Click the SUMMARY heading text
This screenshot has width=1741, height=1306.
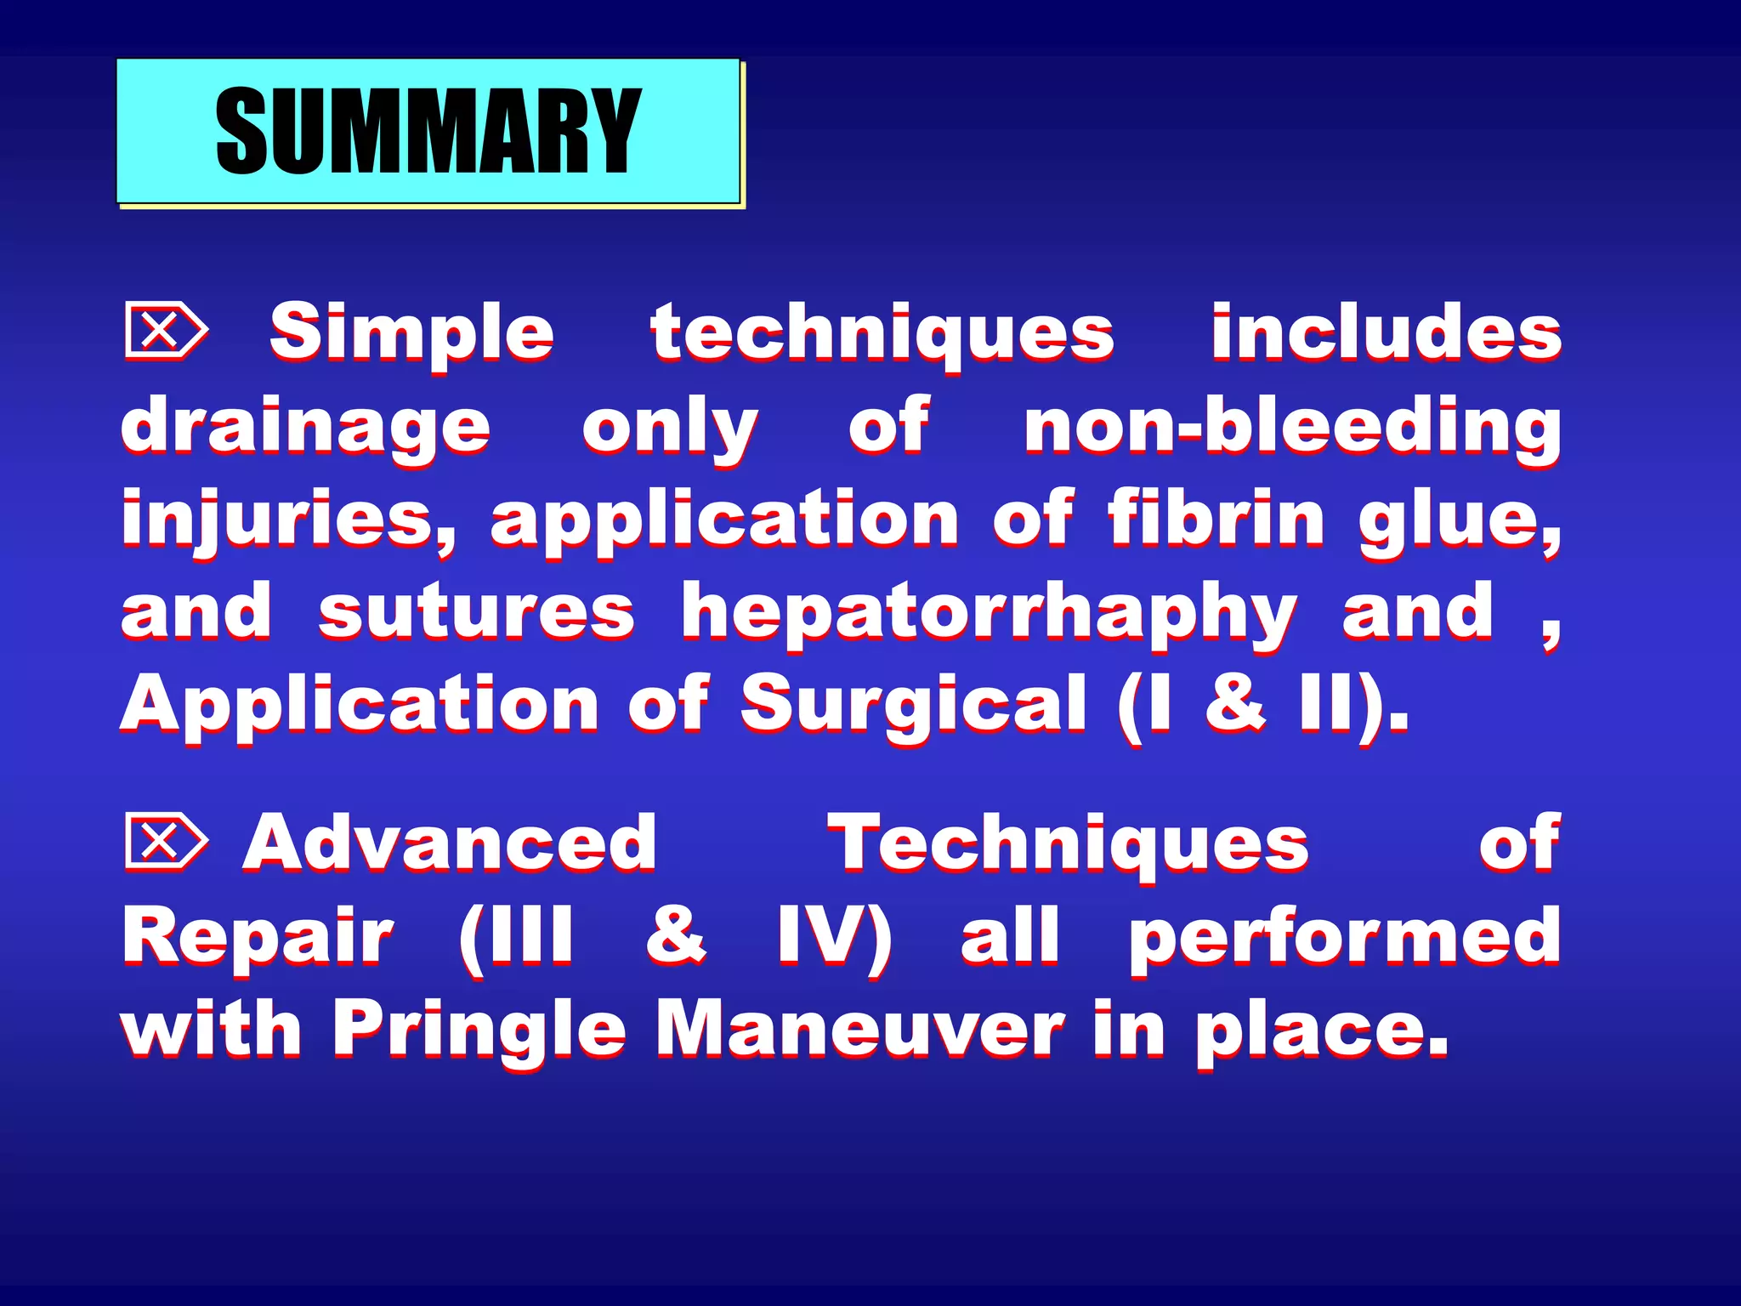click(x=428, y=132)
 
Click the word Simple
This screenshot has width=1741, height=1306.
click(x=412, y=333)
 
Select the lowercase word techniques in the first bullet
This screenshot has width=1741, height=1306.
click(x=882, y=333)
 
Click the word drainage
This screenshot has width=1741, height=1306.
click(x=305, y=428)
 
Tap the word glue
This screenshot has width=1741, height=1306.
click(x=1459, y=520)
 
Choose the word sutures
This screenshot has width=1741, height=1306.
click(x=476, y=612)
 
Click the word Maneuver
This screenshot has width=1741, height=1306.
click(x=859, y=1029)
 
